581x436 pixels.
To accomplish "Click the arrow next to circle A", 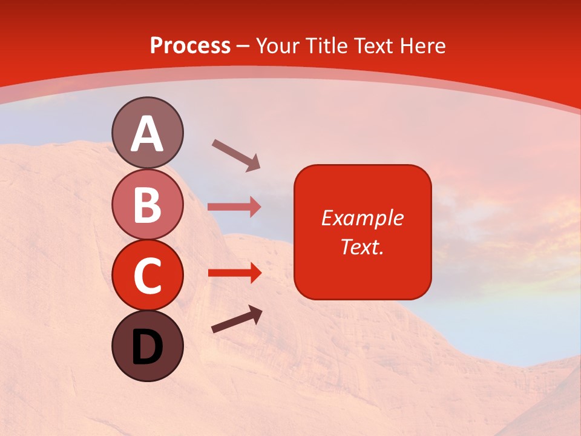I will click(x=236, y=154).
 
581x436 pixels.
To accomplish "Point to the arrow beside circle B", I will click(x=234, y=207).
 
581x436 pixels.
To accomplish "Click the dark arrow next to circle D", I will click(x=237, y=320).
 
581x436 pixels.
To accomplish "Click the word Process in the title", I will click(x=190, y=46).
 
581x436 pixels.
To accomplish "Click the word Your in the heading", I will click(x=278, y=46).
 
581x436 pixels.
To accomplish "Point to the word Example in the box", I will click(x=362, y=218).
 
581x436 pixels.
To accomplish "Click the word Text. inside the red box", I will click(x=362, y=246).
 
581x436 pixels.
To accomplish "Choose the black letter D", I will click(x=147, y=348).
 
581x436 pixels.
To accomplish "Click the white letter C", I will click(x=147, y=276).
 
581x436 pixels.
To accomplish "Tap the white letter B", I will click(x=147, y=204).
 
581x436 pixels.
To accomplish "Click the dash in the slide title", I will click(x=243, y=46).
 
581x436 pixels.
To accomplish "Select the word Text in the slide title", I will click(x=373, y=46).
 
